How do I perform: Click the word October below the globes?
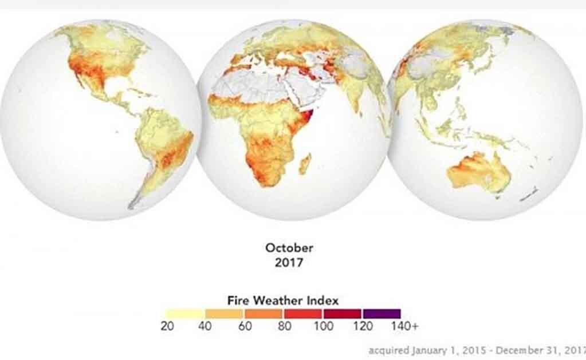[289, 248]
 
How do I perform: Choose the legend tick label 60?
[245, 326]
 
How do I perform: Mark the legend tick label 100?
[323, 326]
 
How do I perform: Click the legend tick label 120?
[362, 326]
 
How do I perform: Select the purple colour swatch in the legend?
[382, 314]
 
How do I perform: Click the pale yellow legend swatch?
[185, 314]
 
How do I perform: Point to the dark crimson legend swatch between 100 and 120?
[342, 314]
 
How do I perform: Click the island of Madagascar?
[305, 164]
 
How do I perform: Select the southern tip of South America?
[133, 203]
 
